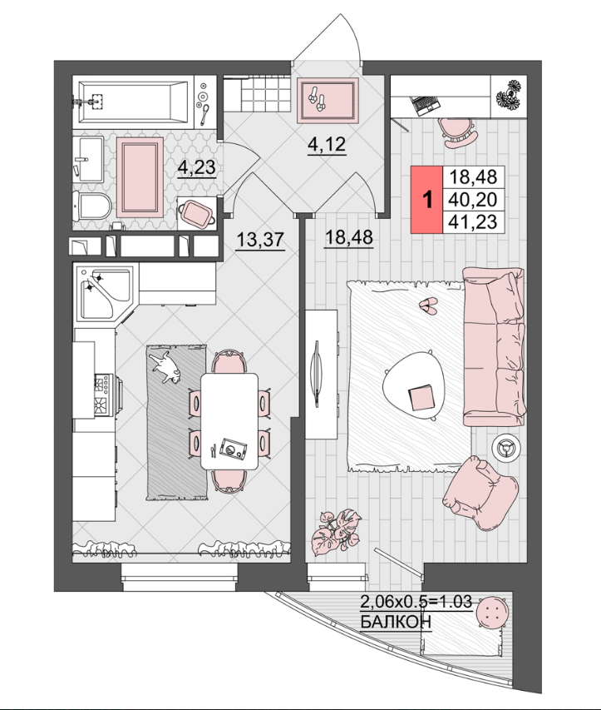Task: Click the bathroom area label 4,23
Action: [197, 168]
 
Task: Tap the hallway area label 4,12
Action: [327, 145]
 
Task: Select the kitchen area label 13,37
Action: [260, 240]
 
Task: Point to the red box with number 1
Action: [426, 199]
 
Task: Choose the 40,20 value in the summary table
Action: [473, 199]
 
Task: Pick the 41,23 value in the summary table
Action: [473, 222]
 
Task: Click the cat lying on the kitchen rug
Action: [166, 368]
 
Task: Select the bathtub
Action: [133, 102]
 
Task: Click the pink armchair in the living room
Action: [480, 492]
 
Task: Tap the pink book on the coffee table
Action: [421, 397]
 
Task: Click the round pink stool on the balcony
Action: [492, 611]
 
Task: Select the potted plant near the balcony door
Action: [336, 533]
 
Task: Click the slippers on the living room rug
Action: [427, 306]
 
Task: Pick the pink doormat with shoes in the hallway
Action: [328, 101]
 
